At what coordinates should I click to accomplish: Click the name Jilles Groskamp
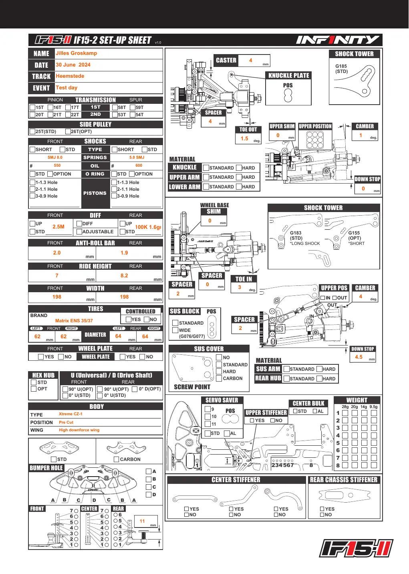pyautogui.click(x=77, y=53)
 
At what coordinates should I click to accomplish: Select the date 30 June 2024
pyautogui.click(x=73, y=65)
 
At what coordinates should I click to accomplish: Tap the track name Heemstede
pyautogui.click(x=70, y=76)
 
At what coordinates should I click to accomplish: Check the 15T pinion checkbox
pyautogui.click(x=32, y=107)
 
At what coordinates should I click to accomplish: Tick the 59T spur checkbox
pyautogui.click(x=133, y=107)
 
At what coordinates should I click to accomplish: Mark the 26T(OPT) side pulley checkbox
pyautogui.click(x=68, y=131)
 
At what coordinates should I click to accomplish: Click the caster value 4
pyautogui.click(x=250, y=60)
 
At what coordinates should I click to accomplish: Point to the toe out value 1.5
pyautogui.click(x=244, y=138)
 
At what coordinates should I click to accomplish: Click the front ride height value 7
pyautogui.click(x=57, y=275)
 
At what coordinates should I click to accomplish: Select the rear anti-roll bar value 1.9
pyautogui.click(x=124, y=253)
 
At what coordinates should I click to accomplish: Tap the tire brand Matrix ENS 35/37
pyautogui.click(x=74, y=321)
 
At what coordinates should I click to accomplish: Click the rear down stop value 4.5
pyautogui.click(x=359, y=357)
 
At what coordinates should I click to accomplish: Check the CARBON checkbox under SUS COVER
pyautogui.click(x=219, y=378)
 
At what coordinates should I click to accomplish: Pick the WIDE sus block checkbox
pyautogui.click(x=175, y=330)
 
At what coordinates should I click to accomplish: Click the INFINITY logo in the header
pyautogui.click(x=338, y=40)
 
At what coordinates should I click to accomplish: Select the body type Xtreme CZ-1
pyautogui.click(x=71, y=414)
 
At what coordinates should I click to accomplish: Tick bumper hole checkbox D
pyautogui.click(x=149, y=495)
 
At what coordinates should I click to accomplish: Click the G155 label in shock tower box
pyautogui.click(x=354, y=233)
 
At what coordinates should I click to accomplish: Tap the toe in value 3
pyautogui.click(x=240, y=287)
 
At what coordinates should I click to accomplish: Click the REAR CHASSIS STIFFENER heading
pyautogui.click(x=344, y=480)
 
